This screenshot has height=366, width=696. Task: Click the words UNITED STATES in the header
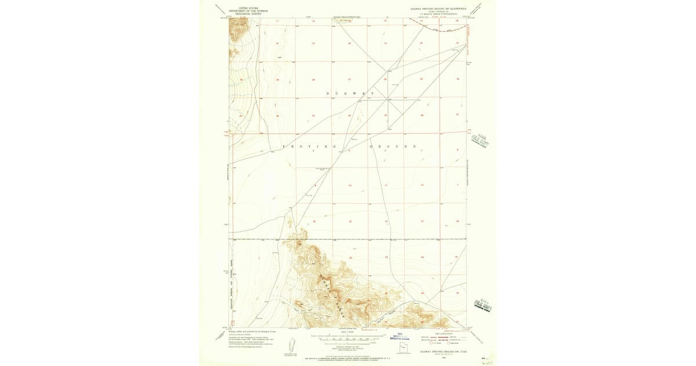(244, 8)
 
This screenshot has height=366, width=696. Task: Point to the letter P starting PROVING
(284, 146)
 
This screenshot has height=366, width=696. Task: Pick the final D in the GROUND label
(414, 146)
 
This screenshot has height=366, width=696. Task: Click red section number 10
(350, 185)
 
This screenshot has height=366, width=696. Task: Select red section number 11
(386, 185)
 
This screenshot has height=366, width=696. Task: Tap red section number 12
(422, 185)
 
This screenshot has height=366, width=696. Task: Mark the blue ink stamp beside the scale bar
(400, 336)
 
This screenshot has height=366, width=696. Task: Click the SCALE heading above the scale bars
(348, 332)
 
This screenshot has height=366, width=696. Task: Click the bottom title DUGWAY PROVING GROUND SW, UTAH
(444, 353)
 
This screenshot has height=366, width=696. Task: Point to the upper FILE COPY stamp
(481, 140)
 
